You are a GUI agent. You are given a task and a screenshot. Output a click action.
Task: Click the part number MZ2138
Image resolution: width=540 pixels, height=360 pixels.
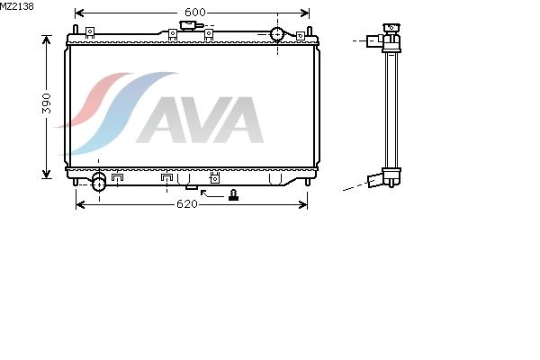(17, 6)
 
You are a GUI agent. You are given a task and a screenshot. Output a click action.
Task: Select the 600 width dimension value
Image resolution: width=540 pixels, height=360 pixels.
(195, 13)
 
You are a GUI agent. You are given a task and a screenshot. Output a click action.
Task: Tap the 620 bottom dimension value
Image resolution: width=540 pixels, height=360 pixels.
(187, 204)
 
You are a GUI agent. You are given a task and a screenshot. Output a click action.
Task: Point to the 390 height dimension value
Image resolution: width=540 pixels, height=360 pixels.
(46, 103)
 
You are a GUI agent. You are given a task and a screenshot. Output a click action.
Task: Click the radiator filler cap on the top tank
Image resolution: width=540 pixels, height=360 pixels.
(188, 25)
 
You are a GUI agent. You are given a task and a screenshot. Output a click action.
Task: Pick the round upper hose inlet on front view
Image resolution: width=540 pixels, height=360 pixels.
(277, 34)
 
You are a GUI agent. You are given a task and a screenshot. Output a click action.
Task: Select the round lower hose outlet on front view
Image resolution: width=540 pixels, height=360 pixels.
(99, 184)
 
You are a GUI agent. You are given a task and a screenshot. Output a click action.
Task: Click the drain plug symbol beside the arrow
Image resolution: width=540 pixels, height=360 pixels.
(233, 195)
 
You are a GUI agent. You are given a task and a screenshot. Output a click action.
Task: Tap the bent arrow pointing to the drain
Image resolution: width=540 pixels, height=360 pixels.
(211, 193)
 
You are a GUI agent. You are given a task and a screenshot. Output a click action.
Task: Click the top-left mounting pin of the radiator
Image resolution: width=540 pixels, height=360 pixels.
(76, 30)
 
